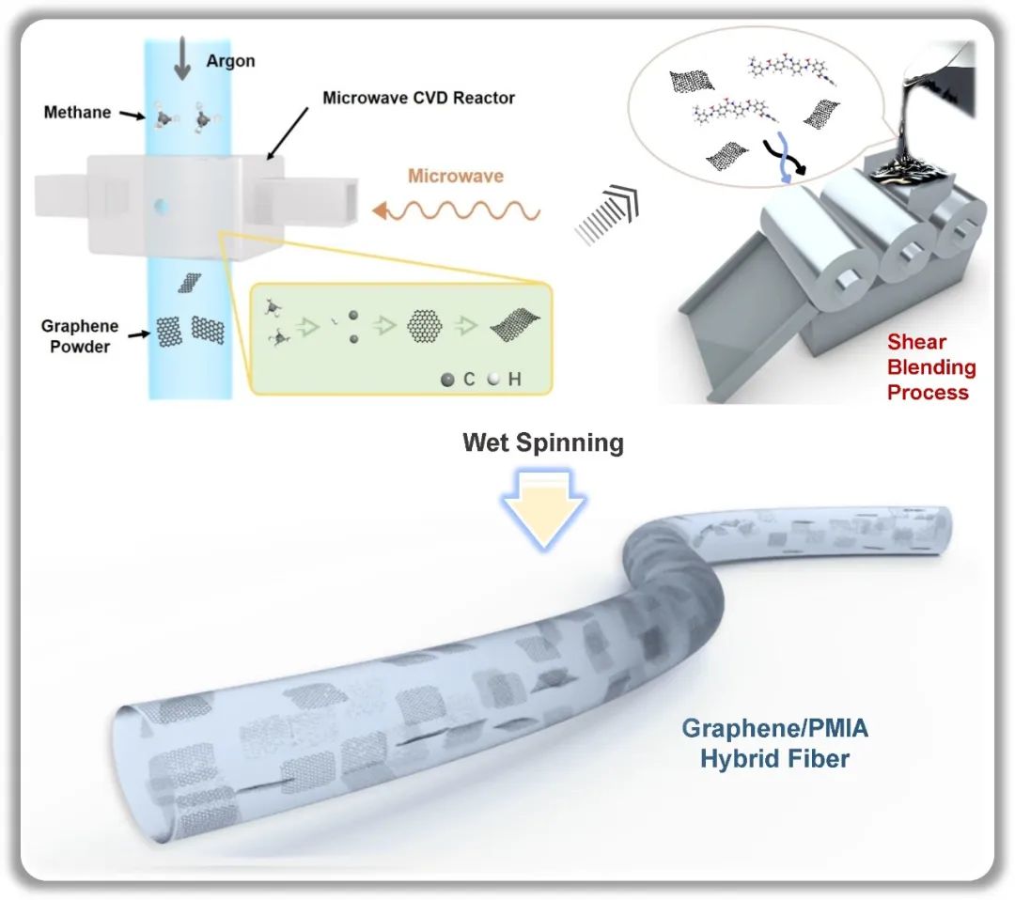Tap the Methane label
77,113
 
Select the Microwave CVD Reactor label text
418,98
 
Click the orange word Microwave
456,176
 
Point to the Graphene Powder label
80,335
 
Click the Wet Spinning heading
542,442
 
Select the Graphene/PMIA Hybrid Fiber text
774,742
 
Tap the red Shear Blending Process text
931,367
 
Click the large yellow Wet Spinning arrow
543,507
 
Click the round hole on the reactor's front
163,203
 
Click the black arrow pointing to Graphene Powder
137,333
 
